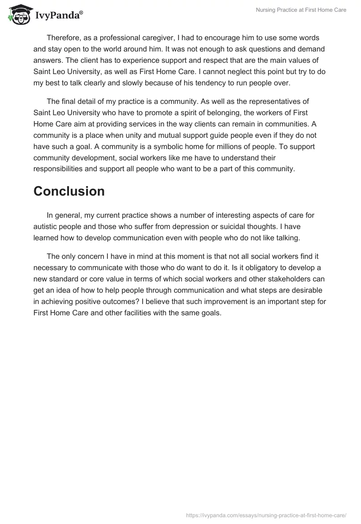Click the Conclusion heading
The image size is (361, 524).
pyautogui.click(x=69, y=191)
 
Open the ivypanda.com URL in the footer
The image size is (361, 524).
pyautogui.click(x=266, y=515)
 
